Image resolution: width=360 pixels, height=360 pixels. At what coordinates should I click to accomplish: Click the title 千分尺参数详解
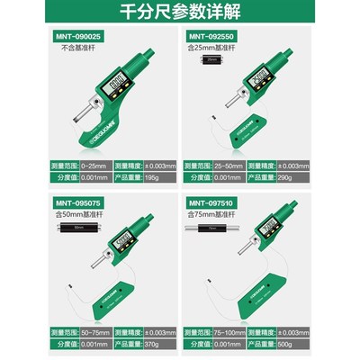click(x=180, y=13)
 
